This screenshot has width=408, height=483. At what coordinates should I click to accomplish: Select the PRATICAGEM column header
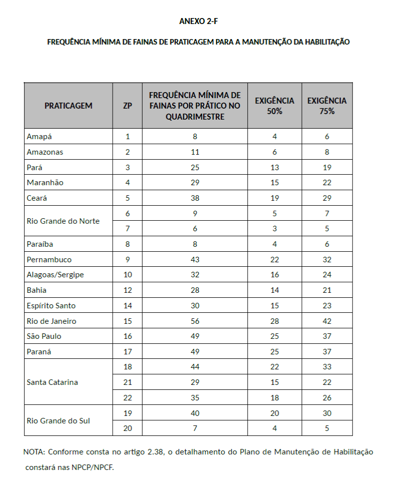[x=68, y=106]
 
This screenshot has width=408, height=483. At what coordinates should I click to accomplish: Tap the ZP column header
[x=127, y=106]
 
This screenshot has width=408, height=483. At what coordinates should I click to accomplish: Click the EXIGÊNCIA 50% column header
[x=274, y=106]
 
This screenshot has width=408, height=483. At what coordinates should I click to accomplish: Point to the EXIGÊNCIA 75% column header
[x=327, y=106]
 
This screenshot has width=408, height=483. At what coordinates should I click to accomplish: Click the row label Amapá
[x=39, y=137]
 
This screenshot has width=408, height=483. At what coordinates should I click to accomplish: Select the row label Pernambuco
[x=49, y=260]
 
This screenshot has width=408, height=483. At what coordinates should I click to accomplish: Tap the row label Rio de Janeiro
[x=51, y=321]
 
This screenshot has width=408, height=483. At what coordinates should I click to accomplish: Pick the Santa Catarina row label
[x=52, y=382]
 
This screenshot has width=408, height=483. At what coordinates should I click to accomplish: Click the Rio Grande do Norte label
[x=63, y=221]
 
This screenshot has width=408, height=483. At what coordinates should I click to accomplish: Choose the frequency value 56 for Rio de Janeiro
[x=195, y=321]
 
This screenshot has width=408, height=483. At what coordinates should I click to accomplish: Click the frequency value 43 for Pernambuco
[x=195, y=260]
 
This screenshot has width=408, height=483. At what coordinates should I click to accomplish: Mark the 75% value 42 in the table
[x=327, y=321]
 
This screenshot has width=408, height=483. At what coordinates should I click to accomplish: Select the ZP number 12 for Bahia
[x=127, y=290]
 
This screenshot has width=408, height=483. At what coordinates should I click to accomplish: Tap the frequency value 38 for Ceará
[x=195, y=198]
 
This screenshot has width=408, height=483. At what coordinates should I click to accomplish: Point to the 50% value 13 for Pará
[x=274, y=167]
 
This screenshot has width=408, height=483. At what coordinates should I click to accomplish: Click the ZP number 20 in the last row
[x=127, y=428]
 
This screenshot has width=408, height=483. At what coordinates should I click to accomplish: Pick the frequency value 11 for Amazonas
[x=195, y=152]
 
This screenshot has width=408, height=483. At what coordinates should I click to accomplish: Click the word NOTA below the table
[x=34, y=452]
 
